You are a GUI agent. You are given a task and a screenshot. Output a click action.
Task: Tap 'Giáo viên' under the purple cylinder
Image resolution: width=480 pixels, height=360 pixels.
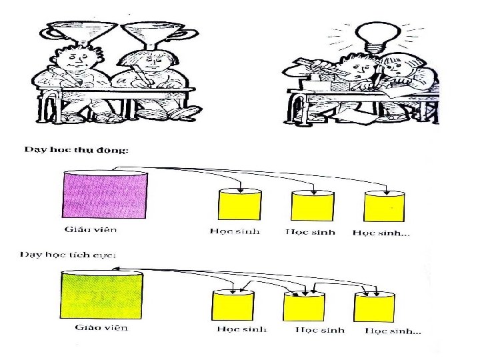89,230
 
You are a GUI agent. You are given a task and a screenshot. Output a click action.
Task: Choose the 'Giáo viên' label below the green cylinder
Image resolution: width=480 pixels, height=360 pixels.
101,327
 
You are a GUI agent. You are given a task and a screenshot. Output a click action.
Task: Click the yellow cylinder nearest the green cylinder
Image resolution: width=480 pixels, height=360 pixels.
232,306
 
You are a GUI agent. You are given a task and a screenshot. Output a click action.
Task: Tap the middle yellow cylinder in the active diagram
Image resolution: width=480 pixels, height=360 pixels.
303,306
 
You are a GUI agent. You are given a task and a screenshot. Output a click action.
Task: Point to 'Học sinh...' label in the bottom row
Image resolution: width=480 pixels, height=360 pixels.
393,331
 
